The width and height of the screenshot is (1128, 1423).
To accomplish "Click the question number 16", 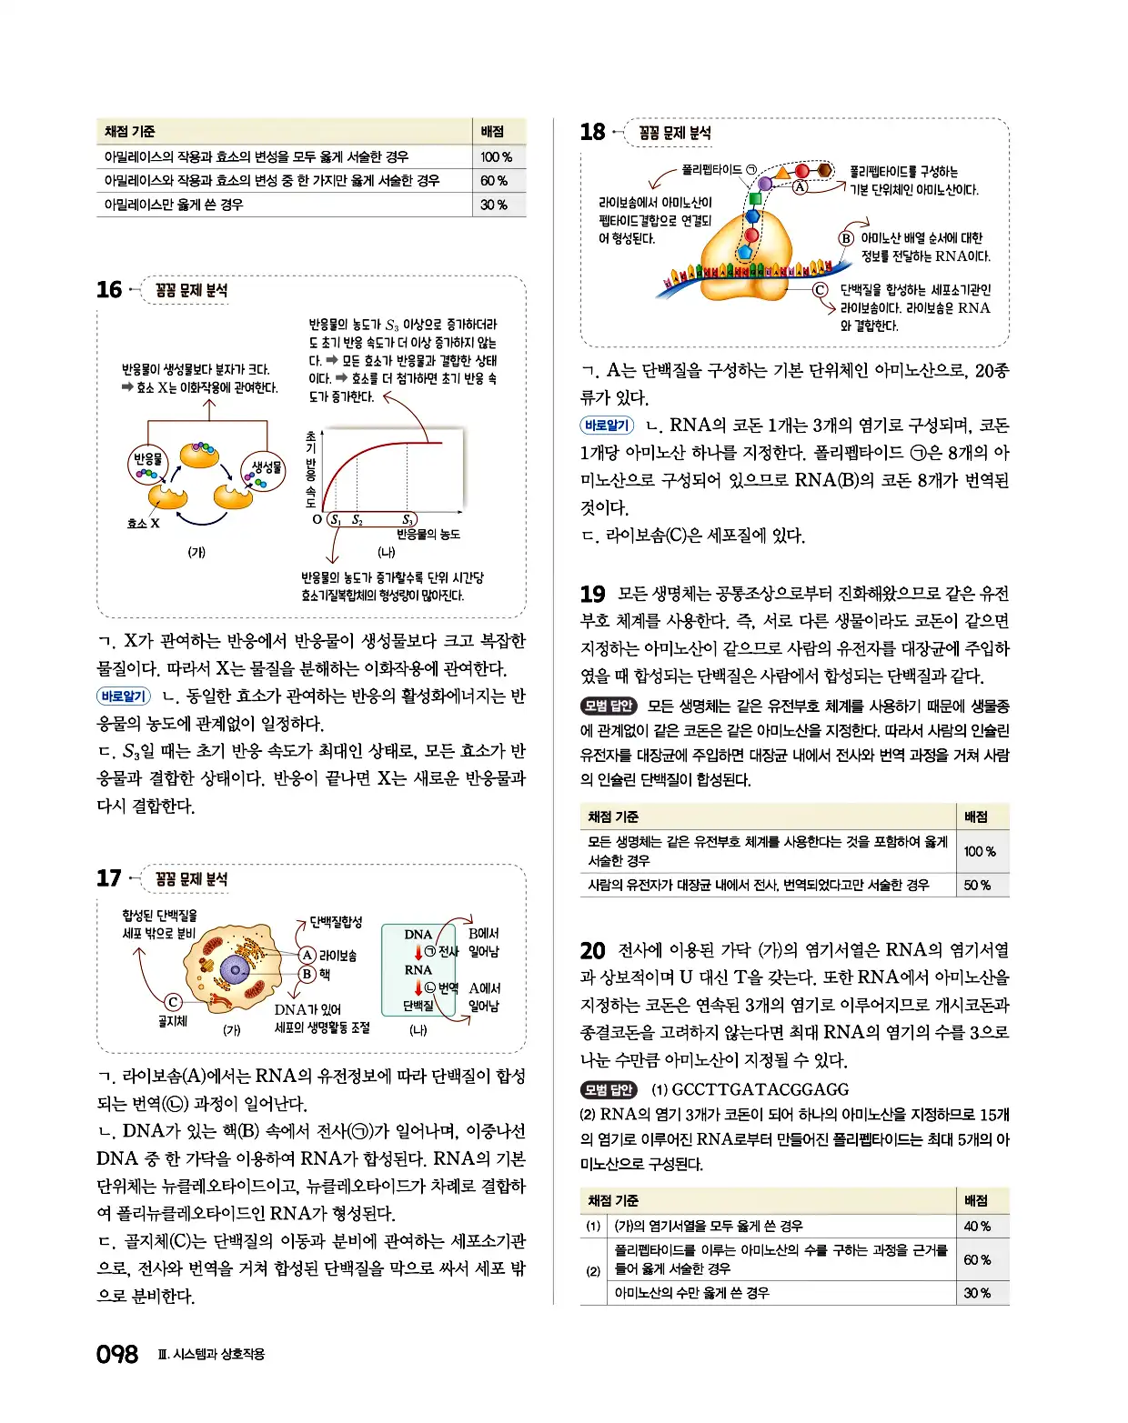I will pyautogui.click(x=109, y=290).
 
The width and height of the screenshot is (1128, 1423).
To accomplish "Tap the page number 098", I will pyautogui.click(x=117, y=1355).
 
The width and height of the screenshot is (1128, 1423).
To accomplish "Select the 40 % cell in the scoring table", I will pyautogui.click(x=977, y=1226).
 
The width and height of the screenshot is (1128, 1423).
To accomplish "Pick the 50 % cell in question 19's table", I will pyautogui.click(x=977, y=885).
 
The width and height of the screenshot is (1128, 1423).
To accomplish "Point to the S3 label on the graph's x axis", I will pyautogui.click(x=409, y=520).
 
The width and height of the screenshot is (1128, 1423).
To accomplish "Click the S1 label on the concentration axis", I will pyautogui.click(x=335, y=520).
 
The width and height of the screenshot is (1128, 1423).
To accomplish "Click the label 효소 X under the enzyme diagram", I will pyautogui.click(x=143, y=523).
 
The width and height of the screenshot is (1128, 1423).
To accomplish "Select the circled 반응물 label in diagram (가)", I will pyautogui.click(x=147, y=459).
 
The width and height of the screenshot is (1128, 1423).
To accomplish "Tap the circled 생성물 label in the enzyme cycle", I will pyautogui.click(x=266, y=466).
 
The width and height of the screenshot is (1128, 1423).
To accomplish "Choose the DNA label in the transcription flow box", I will pyautogui.click(x=418, y=934).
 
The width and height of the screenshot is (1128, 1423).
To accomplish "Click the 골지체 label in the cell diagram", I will pyautogui.click(x=172, y=1021).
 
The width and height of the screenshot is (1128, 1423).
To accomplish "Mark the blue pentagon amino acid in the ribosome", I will pyautogui.click(x=747, y=252).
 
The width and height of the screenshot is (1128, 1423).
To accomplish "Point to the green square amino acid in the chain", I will pyautogui.click(x=754, y=198).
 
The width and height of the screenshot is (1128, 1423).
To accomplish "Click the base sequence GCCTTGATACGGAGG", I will pyautogui.click(x=760, y=1089).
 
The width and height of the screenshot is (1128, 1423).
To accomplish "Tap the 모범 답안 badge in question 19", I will pyautogui.click(x=609, y=706).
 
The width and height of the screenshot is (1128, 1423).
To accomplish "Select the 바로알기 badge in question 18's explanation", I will pyautogui.click(x=607, y=425).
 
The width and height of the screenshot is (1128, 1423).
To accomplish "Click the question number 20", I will pyautogui.click(x=592, y=950).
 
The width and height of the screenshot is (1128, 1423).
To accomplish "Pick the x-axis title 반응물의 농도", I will pyautogui.click(x=428, y=535).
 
